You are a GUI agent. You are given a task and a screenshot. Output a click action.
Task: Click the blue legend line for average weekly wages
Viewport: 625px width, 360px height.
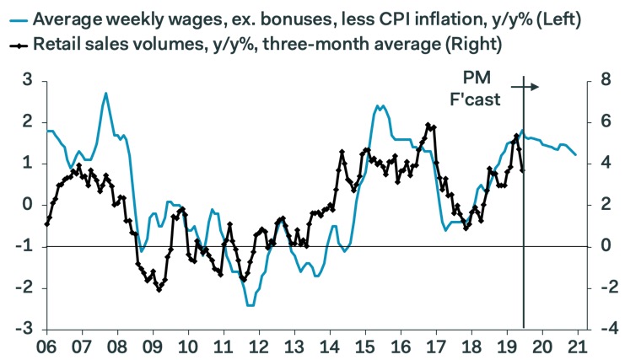tap(17, 18)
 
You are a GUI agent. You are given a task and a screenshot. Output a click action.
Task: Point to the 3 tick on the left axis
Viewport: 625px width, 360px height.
tap(27, 81)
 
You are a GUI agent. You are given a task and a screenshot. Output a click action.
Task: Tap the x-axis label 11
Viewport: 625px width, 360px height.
tap(223, 347)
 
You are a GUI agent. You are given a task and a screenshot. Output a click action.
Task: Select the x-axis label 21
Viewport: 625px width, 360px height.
tap(577, 347)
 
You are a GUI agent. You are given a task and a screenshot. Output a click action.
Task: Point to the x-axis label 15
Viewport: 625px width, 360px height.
tap(364, 347)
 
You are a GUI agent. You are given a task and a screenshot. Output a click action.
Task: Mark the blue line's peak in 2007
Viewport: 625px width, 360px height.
tap(105, 94)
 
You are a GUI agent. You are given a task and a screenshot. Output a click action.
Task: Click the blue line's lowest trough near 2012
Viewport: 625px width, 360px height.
tap(250, 304)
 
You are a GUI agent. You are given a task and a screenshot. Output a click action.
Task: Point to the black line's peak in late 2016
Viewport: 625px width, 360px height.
tap(428, 125)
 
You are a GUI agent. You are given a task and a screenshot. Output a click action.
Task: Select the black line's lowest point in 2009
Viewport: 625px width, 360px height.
tap(159, 289)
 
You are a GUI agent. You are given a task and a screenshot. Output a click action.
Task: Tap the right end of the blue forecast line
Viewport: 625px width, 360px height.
tap(576, 154)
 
